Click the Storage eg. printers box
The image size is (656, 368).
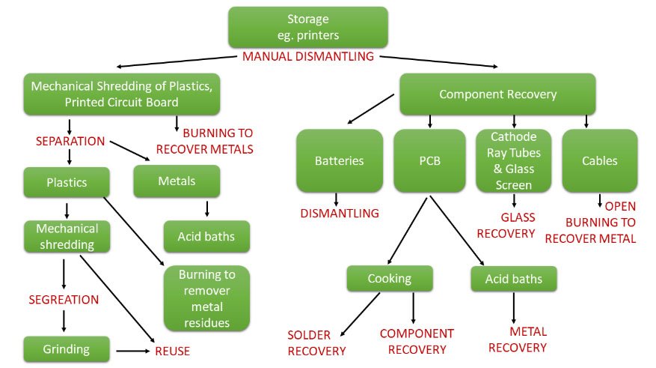coord(307,28)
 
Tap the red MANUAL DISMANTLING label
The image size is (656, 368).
coord(307,57)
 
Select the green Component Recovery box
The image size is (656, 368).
coord(497,94)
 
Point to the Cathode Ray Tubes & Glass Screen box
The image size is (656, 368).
coord(513,160)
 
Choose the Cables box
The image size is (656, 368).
coord(599,160)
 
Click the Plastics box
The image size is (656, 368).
coord(67,182)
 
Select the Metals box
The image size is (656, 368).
coord(177,181)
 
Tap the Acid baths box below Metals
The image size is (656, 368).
coord(206,237)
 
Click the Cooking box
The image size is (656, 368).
coord(389,279)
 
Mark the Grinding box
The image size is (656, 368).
coord(67,349)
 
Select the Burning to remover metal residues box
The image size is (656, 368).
coord(206,298)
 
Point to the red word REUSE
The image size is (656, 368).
coord(172,351)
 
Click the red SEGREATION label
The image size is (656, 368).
coord(64,300)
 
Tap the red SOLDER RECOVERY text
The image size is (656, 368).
coord(316,342)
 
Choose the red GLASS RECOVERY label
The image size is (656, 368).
coord(507,226)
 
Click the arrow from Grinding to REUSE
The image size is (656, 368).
coord(131,350)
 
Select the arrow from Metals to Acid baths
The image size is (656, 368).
coord(206,208)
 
